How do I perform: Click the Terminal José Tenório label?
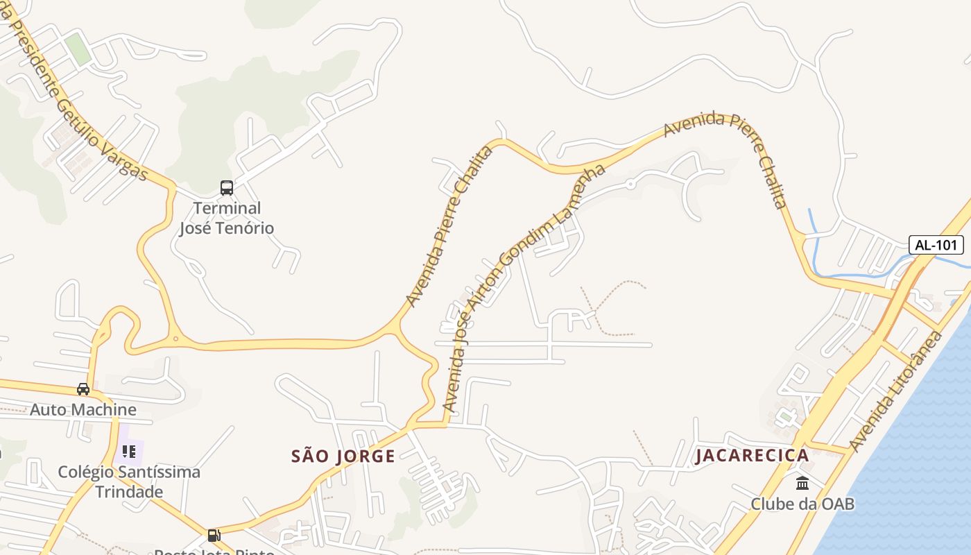(x=226, y=218)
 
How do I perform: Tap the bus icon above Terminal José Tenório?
(x=226, y=187)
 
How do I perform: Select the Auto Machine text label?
(x=83, y=409)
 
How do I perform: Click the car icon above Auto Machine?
(x=83, y=388)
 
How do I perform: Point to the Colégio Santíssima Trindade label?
(x=129, y=481)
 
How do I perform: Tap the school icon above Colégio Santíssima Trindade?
(x=129, y=452)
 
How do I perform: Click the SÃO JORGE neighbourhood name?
(x=343, y=456)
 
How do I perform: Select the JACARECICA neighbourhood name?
(x=753, y=455)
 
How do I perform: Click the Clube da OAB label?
(x=802, y=504)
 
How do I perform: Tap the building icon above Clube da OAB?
(x=802, y=483)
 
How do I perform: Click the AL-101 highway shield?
(x=936, y=245)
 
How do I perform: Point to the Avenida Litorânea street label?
(x=895, y=391)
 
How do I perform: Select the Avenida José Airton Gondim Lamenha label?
(x=524, y=288)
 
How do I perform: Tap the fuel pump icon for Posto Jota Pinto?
(x=214, y=536)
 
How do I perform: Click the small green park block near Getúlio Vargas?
(x=78, y=49)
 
